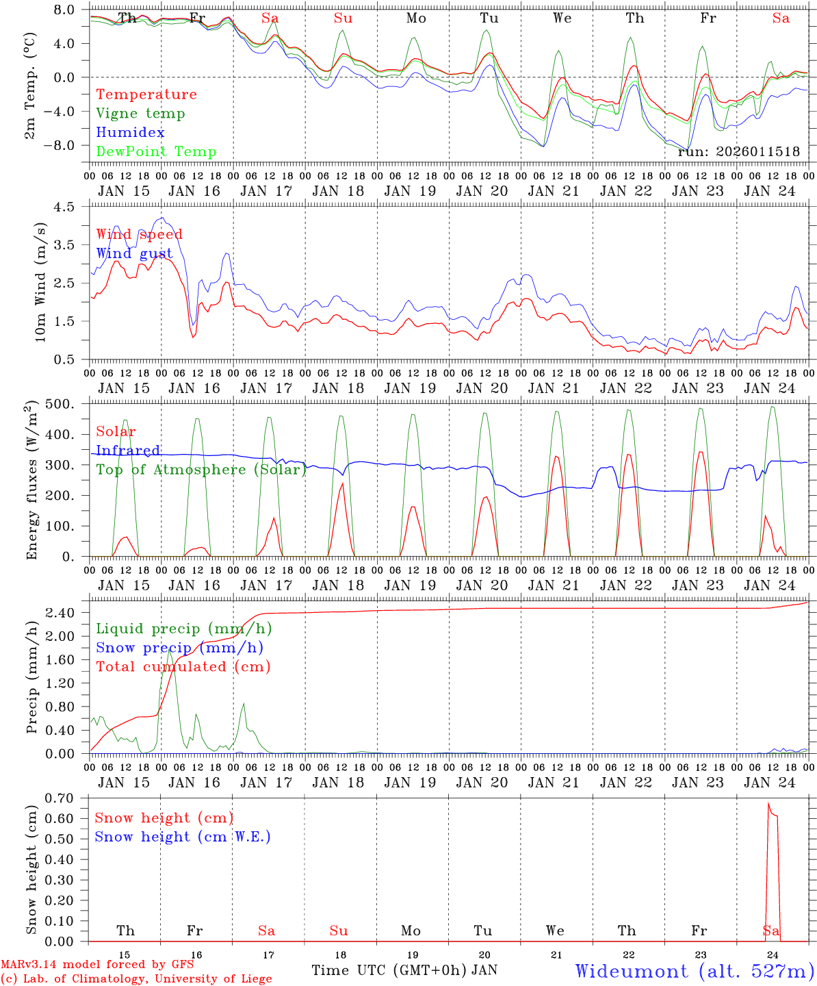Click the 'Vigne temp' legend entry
tap(140, 114)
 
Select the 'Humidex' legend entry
tap(130, 133)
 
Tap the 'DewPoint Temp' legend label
tap(156, 152)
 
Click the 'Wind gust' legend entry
tap(134, 253)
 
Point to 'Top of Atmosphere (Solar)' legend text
tap(200, 470)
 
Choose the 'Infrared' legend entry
tap(128, 451)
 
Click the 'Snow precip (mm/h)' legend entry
tap(179, 648)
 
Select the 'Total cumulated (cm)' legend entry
tap(183, 667)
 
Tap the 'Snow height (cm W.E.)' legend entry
tap(183, 837)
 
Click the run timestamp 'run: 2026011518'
tap(738, 152)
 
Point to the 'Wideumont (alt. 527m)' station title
tap(695, 971)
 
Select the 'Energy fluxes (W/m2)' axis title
tap(32, 481)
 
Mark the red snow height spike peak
tap(768, 803)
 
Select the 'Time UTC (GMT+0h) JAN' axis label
tap(404, 970)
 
